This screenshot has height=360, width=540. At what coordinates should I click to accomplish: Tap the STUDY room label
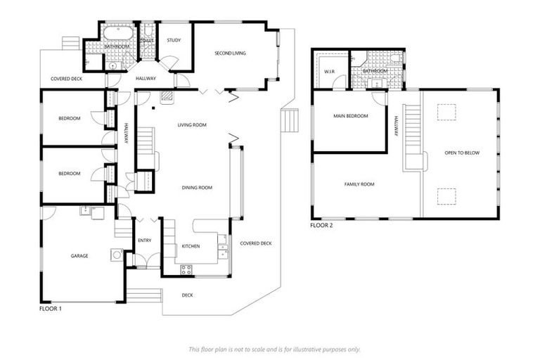coord(174,40)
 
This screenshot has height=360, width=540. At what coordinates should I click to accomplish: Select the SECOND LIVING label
coord(230,53)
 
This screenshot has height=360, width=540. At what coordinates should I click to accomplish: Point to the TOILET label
coord(147,40)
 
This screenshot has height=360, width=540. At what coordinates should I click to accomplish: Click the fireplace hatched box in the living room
coord(167,96)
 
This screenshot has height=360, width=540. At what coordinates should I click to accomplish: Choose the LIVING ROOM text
coord(192,124)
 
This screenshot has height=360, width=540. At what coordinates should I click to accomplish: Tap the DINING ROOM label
coord(197,188)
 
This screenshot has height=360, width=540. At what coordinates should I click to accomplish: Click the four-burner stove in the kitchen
coord(187,269)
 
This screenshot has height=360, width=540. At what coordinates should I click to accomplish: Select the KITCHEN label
coord(191,247)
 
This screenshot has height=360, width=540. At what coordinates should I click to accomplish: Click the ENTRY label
coord(145,240)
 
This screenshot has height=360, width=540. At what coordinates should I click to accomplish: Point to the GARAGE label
coord(79,256)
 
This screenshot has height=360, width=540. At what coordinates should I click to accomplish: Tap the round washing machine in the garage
coord(116,255)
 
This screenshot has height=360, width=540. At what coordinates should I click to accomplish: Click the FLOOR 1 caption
coord(51,309)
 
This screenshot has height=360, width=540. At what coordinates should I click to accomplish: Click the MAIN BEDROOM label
coord(350,116)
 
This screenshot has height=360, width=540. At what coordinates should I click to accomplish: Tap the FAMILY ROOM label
coord(359,184)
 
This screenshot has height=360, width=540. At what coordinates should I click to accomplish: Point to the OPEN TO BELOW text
coord(462,153)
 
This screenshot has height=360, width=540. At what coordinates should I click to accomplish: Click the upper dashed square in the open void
coord(446,112)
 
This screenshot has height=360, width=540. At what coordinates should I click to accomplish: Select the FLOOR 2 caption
coord(321,226)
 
